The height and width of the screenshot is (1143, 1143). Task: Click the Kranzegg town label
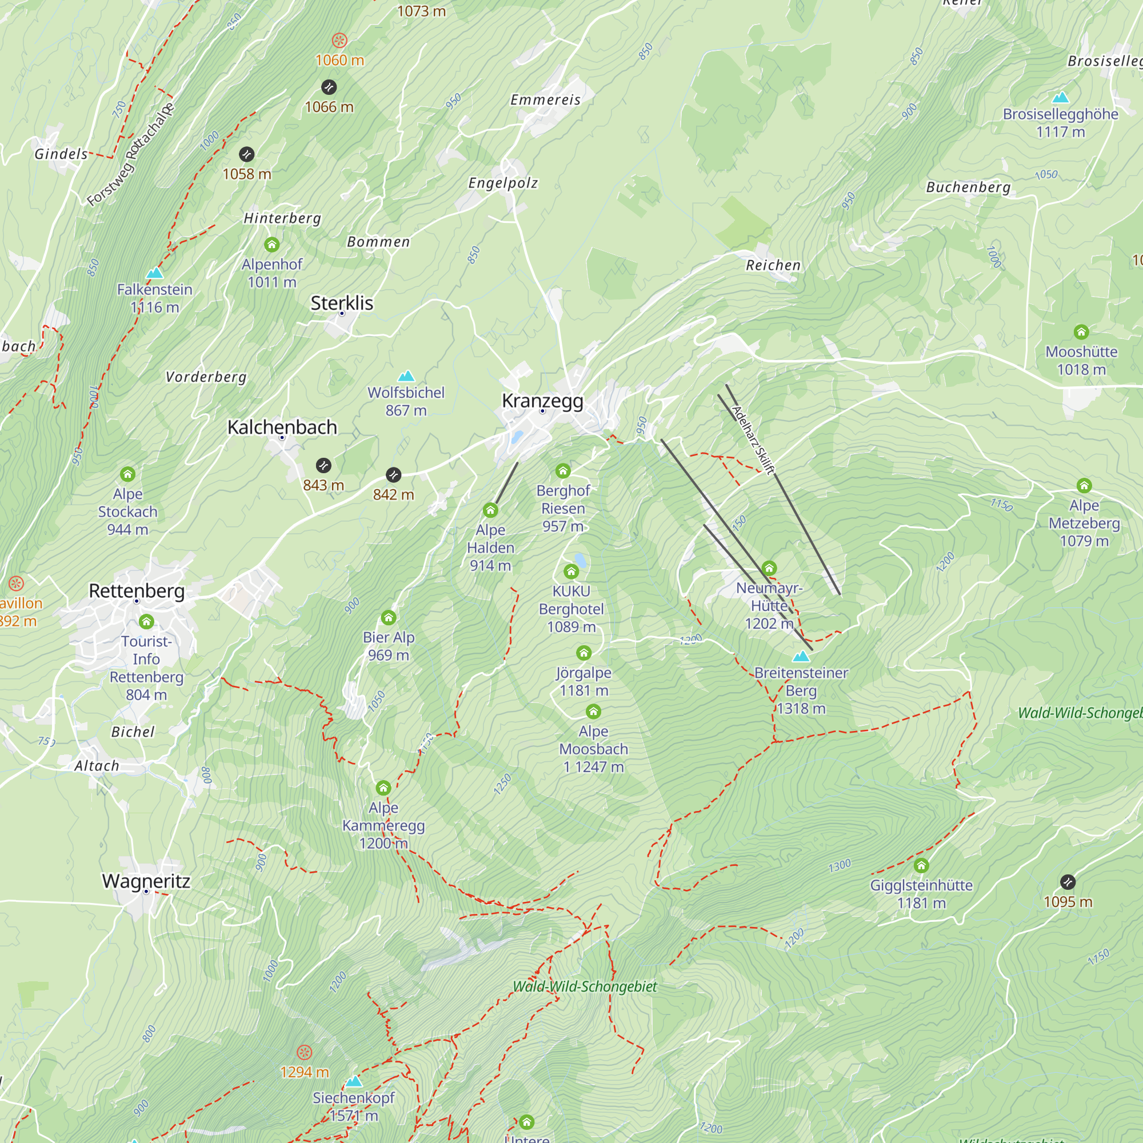[542, 401]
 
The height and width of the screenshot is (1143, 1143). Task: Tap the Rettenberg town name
[137, 590]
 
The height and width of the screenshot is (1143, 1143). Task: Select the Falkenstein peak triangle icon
[154, 273]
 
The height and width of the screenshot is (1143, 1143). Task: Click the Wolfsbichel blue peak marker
[406, 375]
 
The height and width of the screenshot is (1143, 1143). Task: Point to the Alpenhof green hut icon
[271, 245]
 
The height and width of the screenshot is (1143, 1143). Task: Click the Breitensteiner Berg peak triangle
[801, 656]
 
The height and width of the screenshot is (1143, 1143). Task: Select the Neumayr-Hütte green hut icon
[769, 568]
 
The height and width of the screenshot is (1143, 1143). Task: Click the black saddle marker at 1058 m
[247, 154]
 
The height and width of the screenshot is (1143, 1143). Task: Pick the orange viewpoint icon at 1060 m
[339, 40]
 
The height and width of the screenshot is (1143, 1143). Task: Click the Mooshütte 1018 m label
[1081, 360]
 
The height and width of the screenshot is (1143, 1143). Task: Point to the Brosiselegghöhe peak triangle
[1060, 97]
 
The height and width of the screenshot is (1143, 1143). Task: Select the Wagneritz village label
[146, 881]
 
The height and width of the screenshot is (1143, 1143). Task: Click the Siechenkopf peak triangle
[354, 1081]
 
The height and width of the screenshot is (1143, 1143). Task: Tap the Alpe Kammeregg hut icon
[383, 788]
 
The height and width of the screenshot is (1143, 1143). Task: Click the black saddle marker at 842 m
[393, 474]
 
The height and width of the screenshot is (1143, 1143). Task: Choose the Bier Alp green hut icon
[388, 618]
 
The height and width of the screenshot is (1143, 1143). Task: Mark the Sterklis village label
[342, 303]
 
